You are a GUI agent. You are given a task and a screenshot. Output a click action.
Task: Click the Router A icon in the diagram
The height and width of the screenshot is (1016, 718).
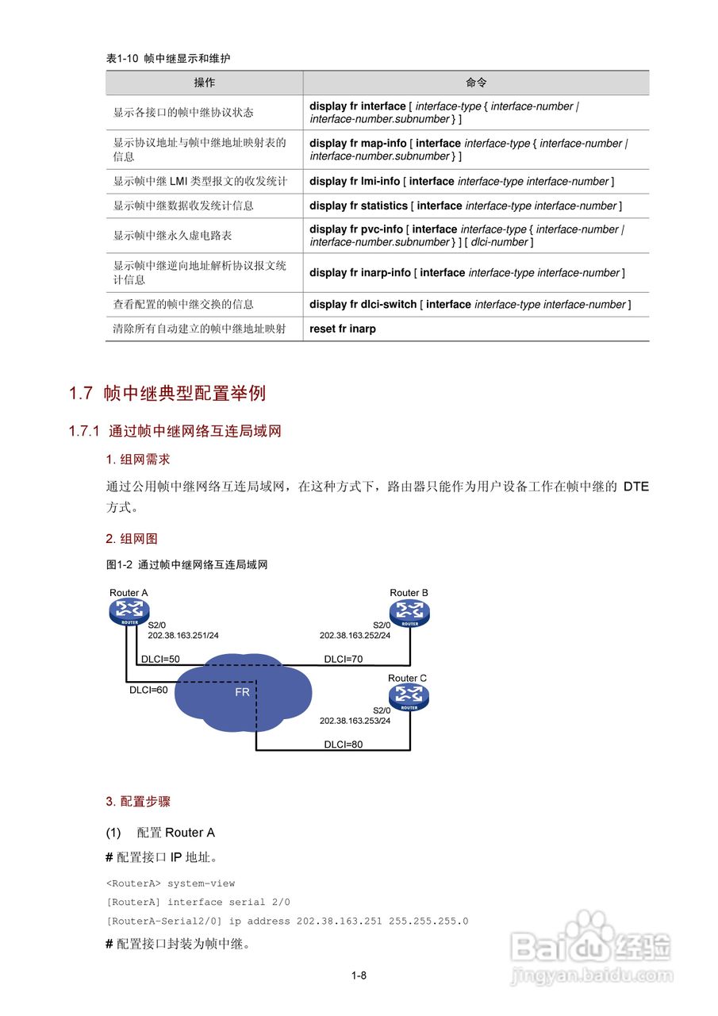(x=129, y=612)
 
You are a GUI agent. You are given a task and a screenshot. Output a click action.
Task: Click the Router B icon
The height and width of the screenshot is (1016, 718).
(x=409, y=612)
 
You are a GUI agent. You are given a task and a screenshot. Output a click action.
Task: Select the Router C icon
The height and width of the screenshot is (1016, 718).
(x=409, y=697)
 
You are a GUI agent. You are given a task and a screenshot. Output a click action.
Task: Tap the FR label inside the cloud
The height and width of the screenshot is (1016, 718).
(x=242, y=692)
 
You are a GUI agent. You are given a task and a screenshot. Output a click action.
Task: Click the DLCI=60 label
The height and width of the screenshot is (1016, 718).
(x=148, y=690)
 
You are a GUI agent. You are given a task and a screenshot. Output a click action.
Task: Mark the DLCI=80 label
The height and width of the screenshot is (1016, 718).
(x=343, y=745)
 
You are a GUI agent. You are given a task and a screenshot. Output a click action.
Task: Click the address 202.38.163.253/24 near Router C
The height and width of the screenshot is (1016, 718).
(x=355, y=721)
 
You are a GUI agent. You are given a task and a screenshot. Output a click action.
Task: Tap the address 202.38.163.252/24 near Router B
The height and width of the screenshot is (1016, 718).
(x=355, y=636)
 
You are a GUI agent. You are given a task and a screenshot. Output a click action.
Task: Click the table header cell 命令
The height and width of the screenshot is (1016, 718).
(x=476, y=83)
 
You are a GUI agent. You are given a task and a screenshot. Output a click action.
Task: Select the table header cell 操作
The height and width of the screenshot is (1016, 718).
(x=205, y=83)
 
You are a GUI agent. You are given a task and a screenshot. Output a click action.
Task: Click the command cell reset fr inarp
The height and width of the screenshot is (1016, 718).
(x=343, y=329)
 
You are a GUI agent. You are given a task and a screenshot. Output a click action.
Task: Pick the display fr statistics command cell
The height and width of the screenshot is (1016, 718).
(x=466, y=206)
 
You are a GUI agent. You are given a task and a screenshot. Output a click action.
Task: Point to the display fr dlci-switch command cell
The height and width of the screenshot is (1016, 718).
(x=470, y=304)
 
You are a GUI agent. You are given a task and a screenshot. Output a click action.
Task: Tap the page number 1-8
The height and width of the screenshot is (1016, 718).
(x=359, y=976)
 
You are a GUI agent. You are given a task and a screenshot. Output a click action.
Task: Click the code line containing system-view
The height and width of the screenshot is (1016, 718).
(x=171, y=883)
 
